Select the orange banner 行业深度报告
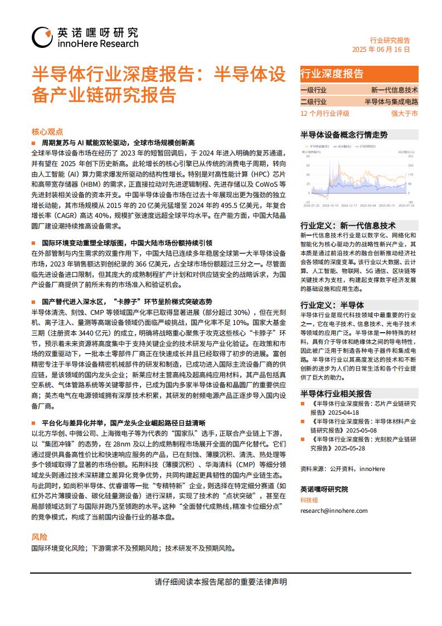click(x=332, y=74)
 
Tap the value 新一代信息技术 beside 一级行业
click(x=395, y=90)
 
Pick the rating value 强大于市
click(x=404, y=113)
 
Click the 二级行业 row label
click(x=313, y=101)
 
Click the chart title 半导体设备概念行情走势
click(x=344, y=134)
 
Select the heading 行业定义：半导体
click(x=332, y=305)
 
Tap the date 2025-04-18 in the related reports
click(x=342, y=412)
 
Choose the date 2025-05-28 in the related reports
click(x=351, y=448)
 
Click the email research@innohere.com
click(x=334, y=510)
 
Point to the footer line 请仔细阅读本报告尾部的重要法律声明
click(x=221, y=581)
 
